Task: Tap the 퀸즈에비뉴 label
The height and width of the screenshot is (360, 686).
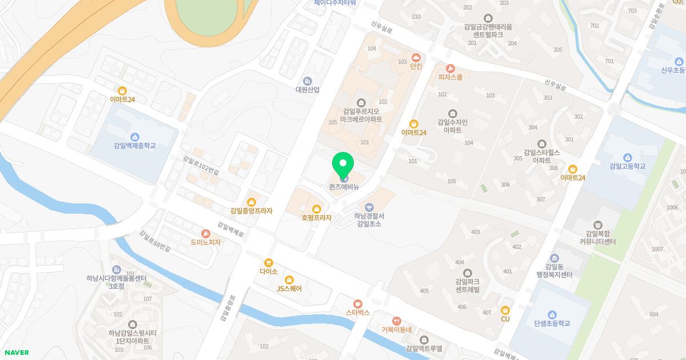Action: pos(344,187)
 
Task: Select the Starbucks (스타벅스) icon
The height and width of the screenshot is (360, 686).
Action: pos(358,303)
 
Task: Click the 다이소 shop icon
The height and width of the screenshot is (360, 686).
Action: pos(269,262)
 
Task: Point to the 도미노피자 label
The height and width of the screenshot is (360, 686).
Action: pos(206,242)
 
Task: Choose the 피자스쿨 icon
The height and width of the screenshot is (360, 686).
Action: pos(450,68)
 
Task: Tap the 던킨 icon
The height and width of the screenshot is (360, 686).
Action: pos(416,57)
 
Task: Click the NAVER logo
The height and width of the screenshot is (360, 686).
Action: pos(16,353)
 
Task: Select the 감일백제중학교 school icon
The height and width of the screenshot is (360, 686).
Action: pos(135,137)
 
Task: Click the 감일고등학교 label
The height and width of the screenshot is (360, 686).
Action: pos(627,166)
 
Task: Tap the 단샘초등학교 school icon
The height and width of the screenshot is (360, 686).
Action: pos(552,314)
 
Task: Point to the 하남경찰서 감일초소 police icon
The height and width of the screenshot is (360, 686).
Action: pos(369,207)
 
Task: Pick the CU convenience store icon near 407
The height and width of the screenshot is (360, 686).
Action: pos(505,310)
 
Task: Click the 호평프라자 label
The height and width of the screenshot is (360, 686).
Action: pos(317,218)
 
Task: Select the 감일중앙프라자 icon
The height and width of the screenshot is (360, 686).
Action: pos(252,202)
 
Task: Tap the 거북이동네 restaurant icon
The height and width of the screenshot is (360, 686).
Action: pos(397,321)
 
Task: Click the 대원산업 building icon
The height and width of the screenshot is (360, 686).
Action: pos(308,81)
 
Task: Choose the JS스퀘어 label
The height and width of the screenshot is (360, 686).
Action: pos(289,289)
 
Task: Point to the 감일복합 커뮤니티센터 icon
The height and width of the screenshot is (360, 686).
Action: pos(598,225)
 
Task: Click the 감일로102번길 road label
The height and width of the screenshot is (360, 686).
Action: pos(201,163)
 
